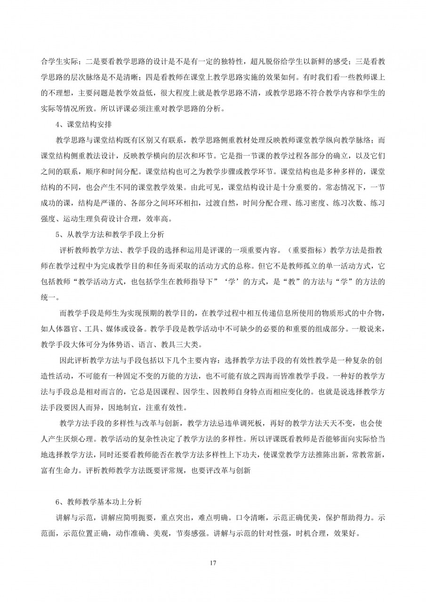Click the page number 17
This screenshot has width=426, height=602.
[x=213, y=562]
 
